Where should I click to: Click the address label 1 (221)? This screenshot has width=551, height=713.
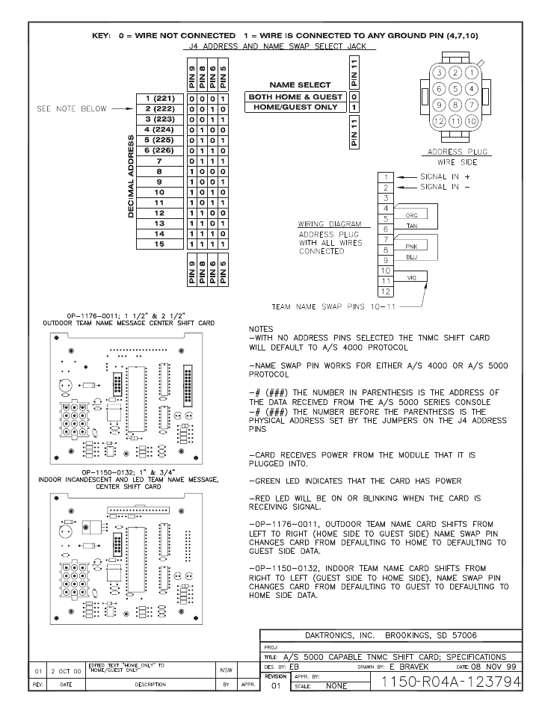coord(159,99)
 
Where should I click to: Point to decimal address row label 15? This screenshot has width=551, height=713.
coord(159,244)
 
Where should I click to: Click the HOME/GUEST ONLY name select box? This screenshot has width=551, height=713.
coord(295,108)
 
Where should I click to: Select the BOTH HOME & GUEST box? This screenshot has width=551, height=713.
coord(295,97)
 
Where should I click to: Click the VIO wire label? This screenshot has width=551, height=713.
coord(410,277)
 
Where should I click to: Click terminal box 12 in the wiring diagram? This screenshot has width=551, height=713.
coord(386,290)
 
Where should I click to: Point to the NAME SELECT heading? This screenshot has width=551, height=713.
coord(295,85)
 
